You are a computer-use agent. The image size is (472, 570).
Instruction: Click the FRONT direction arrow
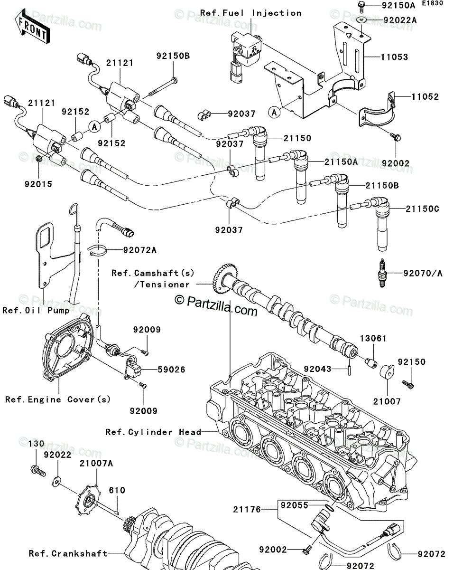tap(32, 26)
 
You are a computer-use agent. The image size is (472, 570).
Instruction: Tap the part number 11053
tap(394, 57)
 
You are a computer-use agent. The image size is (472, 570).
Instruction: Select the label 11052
tap(425, 96)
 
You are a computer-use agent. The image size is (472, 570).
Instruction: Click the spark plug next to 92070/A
tap(382, 273)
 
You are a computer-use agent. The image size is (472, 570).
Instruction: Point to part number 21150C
tap(422, 209)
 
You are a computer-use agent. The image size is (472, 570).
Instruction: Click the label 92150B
tap(173, 56)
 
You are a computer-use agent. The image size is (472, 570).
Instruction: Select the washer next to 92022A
tap(362, 20)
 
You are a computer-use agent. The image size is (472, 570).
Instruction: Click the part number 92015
tap(38, 184)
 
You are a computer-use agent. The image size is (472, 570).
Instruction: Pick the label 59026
tap(172, 370)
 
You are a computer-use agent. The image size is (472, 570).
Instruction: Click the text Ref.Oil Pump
tap(36, 310)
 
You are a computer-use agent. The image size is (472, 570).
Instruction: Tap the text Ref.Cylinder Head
tap(153, 432)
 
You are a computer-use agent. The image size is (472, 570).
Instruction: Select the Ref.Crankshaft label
tap(68, 553)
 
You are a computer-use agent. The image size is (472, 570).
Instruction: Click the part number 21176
tap(247, 509)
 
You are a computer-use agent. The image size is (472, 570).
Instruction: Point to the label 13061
tap(373, 339)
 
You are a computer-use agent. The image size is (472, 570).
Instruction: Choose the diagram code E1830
tap(433, 3)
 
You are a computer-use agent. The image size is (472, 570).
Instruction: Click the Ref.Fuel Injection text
tap(251, 13)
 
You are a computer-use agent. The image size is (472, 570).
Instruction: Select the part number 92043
tap(318, 369)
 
